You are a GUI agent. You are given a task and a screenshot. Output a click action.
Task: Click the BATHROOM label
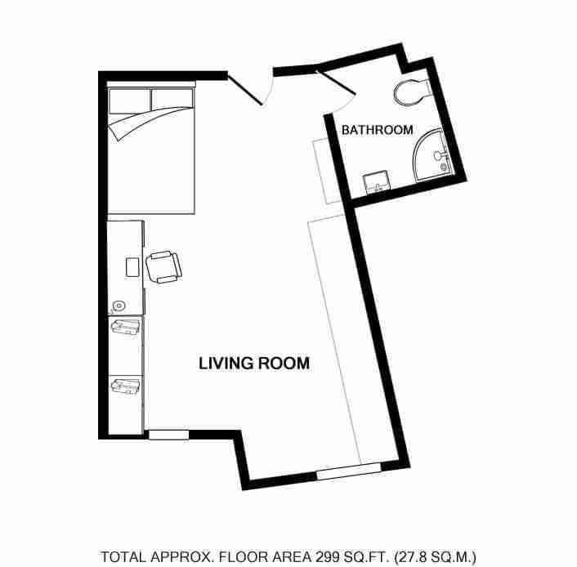coord(377,130)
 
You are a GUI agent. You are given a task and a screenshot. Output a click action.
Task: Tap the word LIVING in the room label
coord(222,363)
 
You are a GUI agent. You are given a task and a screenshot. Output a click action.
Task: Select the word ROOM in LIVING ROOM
coord(284,363)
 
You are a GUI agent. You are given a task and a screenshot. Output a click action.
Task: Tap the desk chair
coord(163,266)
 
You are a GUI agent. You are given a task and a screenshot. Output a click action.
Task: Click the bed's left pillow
coord(128,100)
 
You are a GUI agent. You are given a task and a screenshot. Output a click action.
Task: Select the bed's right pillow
coord(172,99)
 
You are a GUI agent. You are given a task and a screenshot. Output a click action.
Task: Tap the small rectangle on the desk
coord(132,267)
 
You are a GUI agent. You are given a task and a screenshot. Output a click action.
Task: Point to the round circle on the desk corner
coord(119,307)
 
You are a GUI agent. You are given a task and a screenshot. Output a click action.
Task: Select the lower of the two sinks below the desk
coord(125,384)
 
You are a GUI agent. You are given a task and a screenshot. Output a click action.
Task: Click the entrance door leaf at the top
coord(244,90)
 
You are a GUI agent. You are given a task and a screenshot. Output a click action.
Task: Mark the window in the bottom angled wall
coord(348,471)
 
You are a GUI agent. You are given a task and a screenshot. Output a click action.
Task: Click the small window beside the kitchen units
coord(168,435)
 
